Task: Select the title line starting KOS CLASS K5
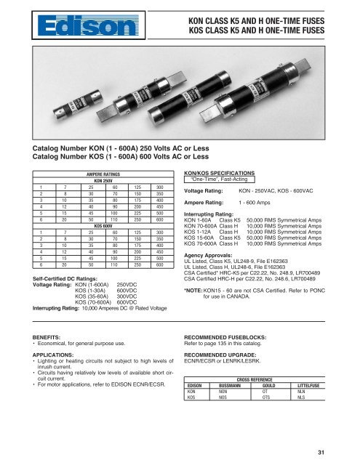[271, 30]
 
